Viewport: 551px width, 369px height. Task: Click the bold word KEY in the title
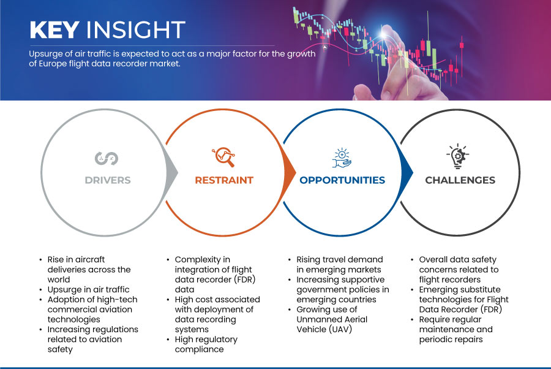(54, 29)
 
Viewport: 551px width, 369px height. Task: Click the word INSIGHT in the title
(136, 29)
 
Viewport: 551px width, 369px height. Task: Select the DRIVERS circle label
(108, 180)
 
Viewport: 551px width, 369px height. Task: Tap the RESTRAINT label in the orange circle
(224, 180)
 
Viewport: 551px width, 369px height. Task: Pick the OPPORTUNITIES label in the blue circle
(342, 180)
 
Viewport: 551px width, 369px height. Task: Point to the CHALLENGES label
(460, 180)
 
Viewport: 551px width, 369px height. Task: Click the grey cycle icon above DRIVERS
(107, 158)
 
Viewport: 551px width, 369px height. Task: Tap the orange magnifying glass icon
(223, 157)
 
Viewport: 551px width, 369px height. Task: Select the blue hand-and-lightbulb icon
(342, 158)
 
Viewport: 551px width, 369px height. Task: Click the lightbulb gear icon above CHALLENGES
(457, 156)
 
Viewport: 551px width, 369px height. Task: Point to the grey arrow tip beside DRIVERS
(178, 172)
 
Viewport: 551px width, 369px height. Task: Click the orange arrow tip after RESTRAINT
(296, 172)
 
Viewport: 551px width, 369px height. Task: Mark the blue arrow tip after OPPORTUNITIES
(413, 172)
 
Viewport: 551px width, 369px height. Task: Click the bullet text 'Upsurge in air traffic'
(89, 289)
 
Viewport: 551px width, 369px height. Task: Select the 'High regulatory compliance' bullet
(206, 344)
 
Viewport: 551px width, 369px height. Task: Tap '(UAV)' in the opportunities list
(340, 329)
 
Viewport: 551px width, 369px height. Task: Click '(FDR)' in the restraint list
(244, 280)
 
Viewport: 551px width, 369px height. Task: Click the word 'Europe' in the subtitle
(53, 64)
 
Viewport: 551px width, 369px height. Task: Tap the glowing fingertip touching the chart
(383, 34)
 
